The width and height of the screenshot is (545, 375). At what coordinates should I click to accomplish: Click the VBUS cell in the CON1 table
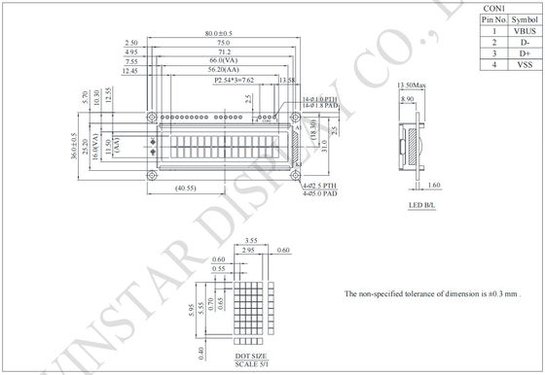[524, 31]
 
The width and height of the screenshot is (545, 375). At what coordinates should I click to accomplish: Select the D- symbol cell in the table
[524, 43]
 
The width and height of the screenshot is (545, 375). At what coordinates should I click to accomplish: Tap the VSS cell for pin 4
[524, 65]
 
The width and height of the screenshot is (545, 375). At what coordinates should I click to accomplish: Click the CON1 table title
[494, 8]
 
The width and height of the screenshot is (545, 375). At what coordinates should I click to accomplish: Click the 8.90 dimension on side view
[406, 98]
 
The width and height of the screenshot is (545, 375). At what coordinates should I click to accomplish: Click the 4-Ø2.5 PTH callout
[316, 186]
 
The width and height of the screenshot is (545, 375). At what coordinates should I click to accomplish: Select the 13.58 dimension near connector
[287, 81]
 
